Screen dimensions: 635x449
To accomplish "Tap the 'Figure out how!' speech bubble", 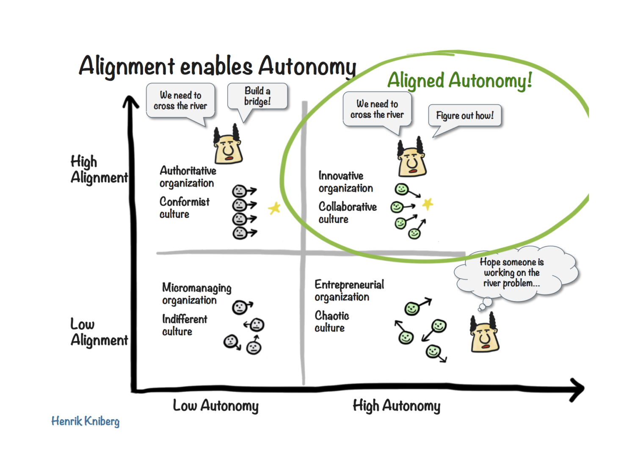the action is [x=465, y=116].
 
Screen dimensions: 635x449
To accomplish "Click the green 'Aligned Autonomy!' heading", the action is [x=460, y=80].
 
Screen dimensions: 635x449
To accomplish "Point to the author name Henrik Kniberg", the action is [x=86, y=421].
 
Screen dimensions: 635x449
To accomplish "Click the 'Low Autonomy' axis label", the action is [x=216, y=406].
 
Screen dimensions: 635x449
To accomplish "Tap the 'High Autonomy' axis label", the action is [x=397, y=406].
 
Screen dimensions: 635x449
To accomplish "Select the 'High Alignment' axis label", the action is [x=99, y=169].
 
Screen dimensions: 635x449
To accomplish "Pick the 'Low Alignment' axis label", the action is [x=99, y=332].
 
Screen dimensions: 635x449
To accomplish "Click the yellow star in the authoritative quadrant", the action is [x=274, y=208].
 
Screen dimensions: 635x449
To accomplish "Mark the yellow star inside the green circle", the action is [x=428, y=204].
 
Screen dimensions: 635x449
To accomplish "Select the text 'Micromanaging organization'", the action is [x=197, y=294].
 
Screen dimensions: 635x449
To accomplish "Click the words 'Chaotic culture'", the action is [x=332, y=322].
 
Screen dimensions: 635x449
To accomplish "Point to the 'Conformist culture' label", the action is [x=185, y=208].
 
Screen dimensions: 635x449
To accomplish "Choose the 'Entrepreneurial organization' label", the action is [x=349, y=291].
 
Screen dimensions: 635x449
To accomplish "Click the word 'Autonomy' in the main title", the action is [x=307, y=67].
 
